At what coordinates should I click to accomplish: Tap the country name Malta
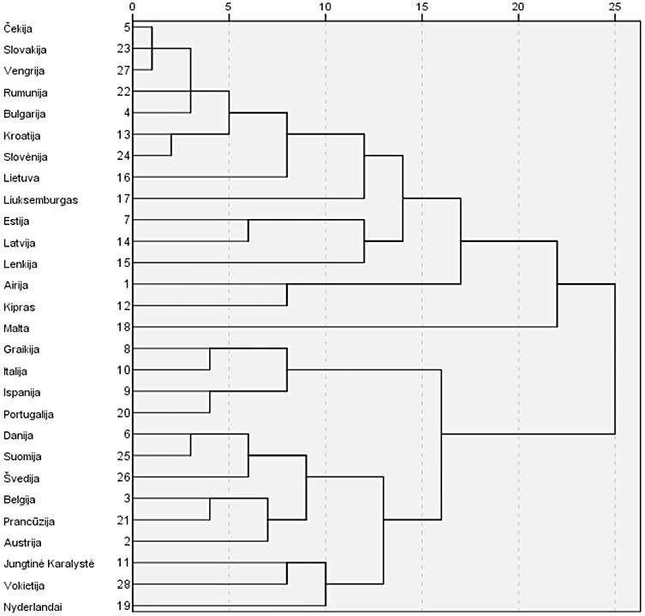click(15, 328)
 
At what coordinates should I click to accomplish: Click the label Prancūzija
click(28, 520)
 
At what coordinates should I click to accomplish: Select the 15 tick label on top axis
click(421, 8)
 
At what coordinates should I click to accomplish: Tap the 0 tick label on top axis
click(132, 8)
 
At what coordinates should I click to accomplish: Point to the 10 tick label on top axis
click(325, 8)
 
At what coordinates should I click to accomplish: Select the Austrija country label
click(22, 542)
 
